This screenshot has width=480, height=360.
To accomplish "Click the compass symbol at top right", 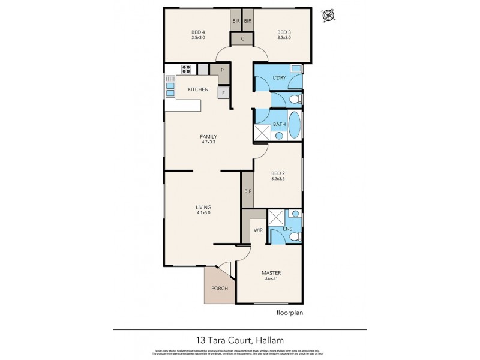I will pyautogui.click(x=328, y=15).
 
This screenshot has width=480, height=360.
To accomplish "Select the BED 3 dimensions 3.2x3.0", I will pyautogui.click(x=284, y=37).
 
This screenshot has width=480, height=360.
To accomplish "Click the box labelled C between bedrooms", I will pyautogui.click(x=242, y=40).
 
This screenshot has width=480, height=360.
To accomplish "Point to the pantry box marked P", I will pyautogui.click(x=222, y=70).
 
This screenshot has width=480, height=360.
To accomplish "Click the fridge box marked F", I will pyautogui.click(x=223, y=93).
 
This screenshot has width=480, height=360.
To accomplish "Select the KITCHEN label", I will pyautogui.click(x=198, y=89).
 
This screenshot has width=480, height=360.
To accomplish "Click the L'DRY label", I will pyautogui.click(x=279, y=79).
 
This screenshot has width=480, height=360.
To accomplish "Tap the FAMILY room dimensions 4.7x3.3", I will pyautogui.click(x=208, y=142).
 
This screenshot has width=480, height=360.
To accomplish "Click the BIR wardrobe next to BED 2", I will pyautogui.click(x=247, y=191).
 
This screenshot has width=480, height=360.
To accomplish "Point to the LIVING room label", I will pyautogui.click(x=203, y=207).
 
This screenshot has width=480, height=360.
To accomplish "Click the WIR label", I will pyautogui.click(x=258, y=229).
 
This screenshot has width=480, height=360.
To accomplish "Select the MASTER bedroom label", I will pyautogui.click(x=271, y=272).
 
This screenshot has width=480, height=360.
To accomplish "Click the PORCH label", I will pyautogui.click(x=219, y=289).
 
